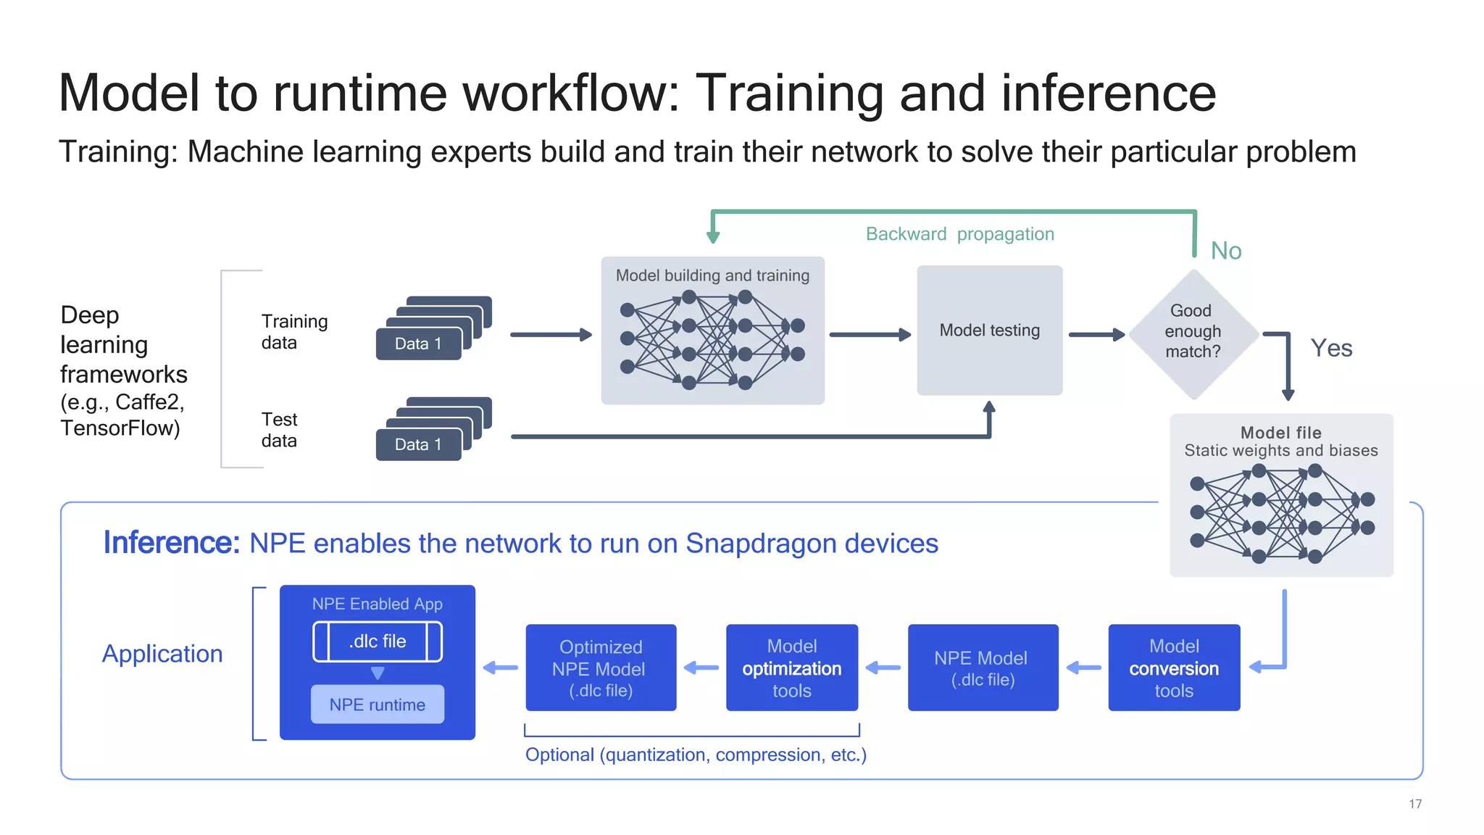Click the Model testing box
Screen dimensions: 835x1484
coord(989,331)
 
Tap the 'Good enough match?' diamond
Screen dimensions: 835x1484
coord(1193,332)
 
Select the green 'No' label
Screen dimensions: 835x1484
coord(1226,251)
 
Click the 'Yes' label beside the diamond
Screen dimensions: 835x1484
coord(1331,349)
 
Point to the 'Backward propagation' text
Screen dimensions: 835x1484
coord(959,234)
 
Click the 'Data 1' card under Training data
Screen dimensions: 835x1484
coord(418,344)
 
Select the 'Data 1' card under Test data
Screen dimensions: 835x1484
coord(418,445)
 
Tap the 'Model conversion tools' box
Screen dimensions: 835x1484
coord(1174,668)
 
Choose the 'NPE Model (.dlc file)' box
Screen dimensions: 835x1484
coord(982,668)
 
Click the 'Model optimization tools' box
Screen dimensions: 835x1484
coord(791,668)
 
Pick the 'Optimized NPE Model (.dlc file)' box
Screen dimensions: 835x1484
coord(600,668)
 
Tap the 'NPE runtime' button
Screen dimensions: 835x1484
coord(377,705)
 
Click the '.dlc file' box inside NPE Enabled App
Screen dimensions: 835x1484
coord(377,641)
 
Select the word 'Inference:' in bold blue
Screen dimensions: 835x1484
coord(171,543)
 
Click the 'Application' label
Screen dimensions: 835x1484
coord(162,654)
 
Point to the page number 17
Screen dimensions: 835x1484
coord(1414,804)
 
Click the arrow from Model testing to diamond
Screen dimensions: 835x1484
coord(1096,335)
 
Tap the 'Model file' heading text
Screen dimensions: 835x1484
coord(1280,433)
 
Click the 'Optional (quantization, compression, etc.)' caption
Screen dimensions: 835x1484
coord(696,755)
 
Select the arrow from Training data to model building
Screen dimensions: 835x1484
coord(551,335)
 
